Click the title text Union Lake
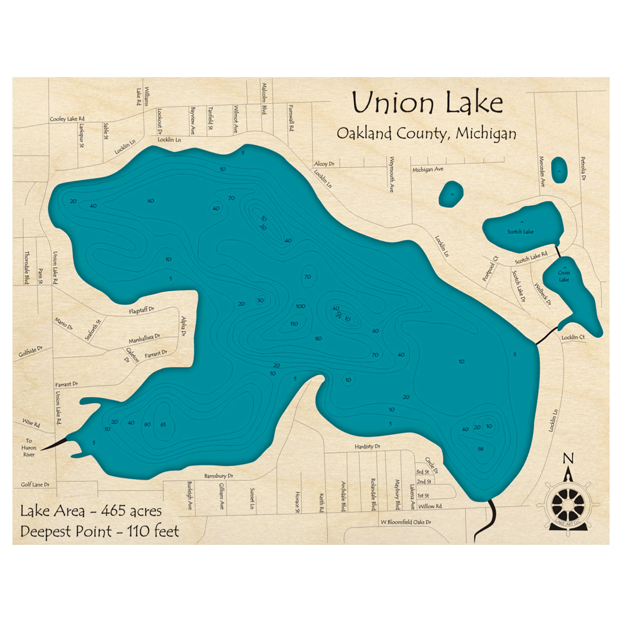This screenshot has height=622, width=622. pyautogui.click(x=427, y=103)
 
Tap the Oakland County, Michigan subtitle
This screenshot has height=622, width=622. pyautogui.click(x=426, y=133)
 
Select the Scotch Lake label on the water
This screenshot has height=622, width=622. pyautogui.click(x=520, y=232)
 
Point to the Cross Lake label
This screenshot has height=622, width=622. pyautogui.click(x=564, y=276)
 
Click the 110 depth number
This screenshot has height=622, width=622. pyautogui.click(x=295, y=323)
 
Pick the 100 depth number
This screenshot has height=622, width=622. pyautogui.click(x=300, y=307)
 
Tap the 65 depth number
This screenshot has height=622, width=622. pyautogui.click(x=163, y=424)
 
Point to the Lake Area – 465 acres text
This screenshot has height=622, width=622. pyautogui.click(x=91, y=511)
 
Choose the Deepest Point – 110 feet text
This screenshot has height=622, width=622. pyautogui.click(x=100, y=531)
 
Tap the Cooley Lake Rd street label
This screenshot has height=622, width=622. pyautogui.click(x=67, y=119)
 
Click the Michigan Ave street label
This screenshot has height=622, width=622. pyautogui.click(x=427, y=169)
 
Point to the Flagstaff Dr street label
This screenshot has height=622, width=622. pyautogui.click(x=141, y=309)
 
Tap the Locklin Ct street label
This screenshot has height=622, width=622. pyautogui.click(x=573, y=337)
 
